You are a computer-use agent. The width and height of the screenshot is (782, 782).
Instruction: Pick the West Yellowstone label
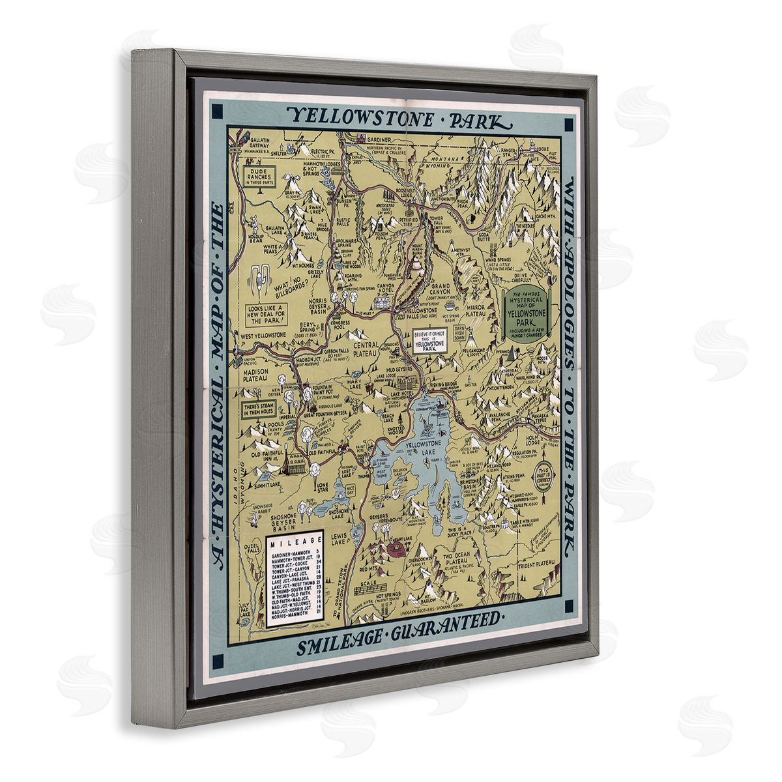(263, 335)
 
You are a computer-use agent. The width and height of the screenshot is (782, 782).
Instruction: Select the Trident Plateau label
(538, 561)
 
